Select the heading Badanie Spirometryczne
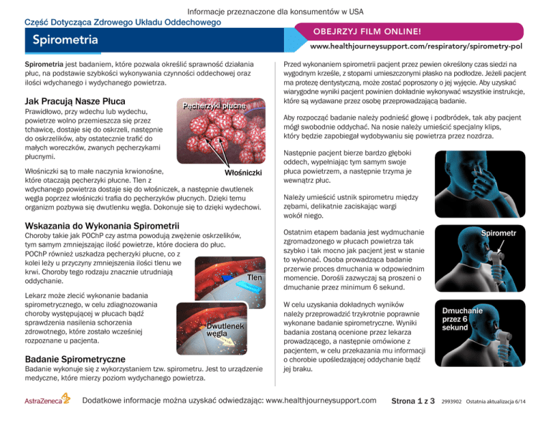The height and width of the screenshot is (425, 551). (x=75, y=359)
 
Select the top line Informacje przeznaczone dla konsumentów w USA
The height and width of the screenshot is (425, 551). (x=275, y=10)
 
